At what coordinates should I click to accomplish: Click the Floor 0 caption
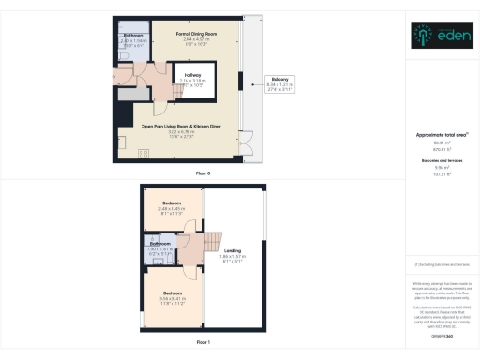coord(202,173)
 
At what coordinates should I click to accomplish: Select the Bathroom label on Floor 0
coord(134,35)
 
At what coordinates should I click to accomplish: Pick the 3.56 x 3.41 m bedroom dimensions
coord(172,299)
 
